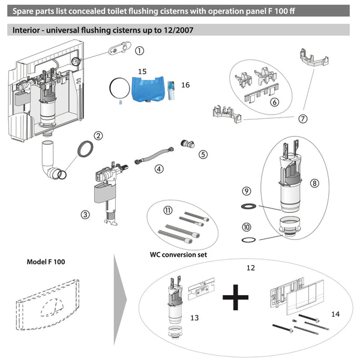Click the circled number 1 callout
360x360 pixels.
click(x=139, y=52)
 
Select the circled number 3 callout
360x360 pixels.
click(x=86, y=213)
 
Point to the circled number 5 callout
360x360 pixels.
click(x=203, y=154)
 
